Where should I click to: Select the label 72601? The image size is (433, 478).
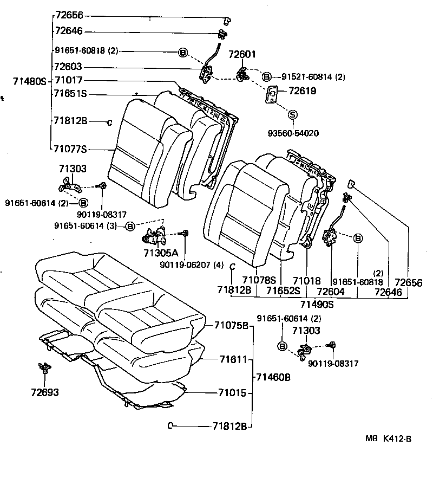(242, 55)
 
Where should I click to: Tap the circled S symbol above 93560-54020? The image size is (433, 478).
(293, 114)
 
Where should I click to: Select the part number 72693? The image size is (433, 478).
(45, 392)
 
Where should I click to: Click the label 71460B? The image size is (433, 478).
(273, 377)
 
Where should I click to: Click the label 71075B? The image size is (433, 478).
(231, 326)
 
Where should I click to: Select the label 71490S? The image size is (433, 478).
(317, 304)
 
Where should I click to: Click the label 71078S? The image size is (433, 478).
(259, 280)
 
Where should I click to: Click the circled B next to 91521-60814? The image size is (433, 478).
(266, 76)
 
